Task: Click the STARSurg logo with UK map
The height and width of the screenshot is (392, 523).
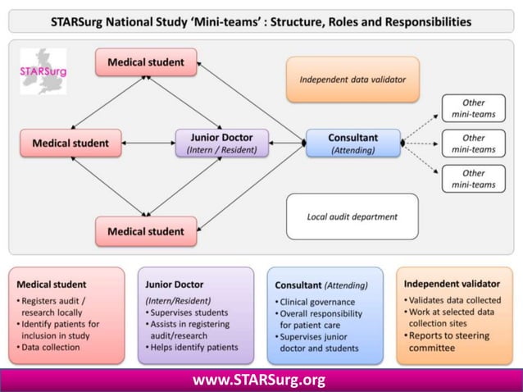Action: coord(43,71)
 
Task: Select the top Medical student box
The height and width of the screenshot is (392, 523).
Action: coord(146,62)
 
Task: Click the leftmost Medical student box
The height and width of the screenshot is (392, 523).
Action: coord(70,144)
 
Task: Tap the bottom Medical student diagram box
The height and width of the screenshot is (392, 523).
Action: coord(146,231)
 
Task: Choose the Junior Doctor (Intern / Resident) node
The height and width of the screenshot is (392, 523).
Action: coord(221,144)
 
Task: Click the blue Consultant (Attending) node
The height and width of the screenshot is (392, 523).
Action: coord(352,144)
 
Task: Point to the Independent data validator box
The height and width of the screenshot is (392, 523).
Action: coord(352,80)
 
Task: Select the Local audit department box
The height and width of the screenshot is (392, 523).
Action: coord(352,217)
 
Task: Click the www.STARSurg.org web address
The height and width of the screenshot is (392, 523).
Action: coord(259,380)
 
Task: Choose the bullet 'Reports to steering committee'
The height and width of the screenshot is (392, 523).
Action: coord(449,340)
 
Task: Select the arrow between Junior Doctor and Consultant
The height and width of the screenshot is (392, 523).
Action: coord(287,144)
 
